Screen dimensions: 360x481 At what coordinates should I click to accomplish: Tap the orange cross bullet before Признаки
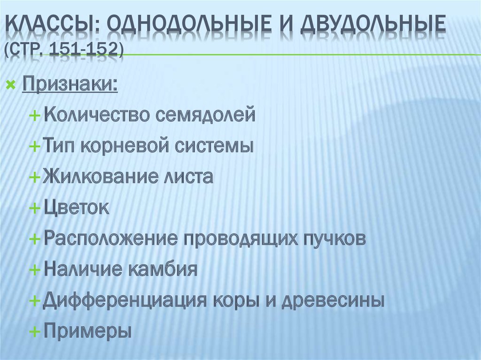click(x=11, y=86)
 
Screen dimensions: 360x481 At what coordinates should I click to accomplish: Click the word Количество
click(x=97, y=115)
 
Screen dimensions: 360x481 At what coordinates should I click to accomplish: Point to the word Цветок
click(x=77, y=208)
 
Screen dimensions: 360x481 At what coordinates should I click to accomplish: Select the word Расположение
click(x=111, y=238)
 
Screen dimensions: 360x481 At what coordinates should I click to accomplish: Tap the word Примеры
click(x=88, y=331)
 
